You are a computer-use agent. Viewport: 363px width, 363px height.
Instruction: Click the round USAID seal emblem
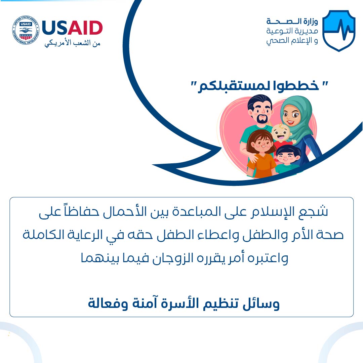[x=26, y=30]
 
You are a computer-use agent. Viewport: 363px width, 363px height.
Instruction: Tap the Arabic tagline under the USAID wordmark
[x=73, y=43]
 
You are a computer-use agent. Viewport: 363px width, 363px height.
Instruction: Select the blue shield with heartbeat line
[x=339, y=31]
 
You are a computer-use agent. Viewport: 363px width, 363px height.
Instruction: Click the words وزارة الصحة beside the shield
[x=292, y=22]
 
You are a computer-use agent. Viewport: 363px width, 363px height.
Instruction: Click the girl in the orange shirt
[x=261, y=154]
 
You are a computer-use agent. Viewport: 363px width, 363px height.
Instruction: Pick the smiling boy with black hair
[x=287, y=159]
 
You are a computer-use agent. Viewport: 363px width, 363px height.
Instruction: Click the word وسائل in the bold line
[x=261, y=303]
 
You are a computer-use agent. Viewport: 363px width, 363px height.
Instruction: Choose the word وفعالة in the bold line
[x=108, y=303]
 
